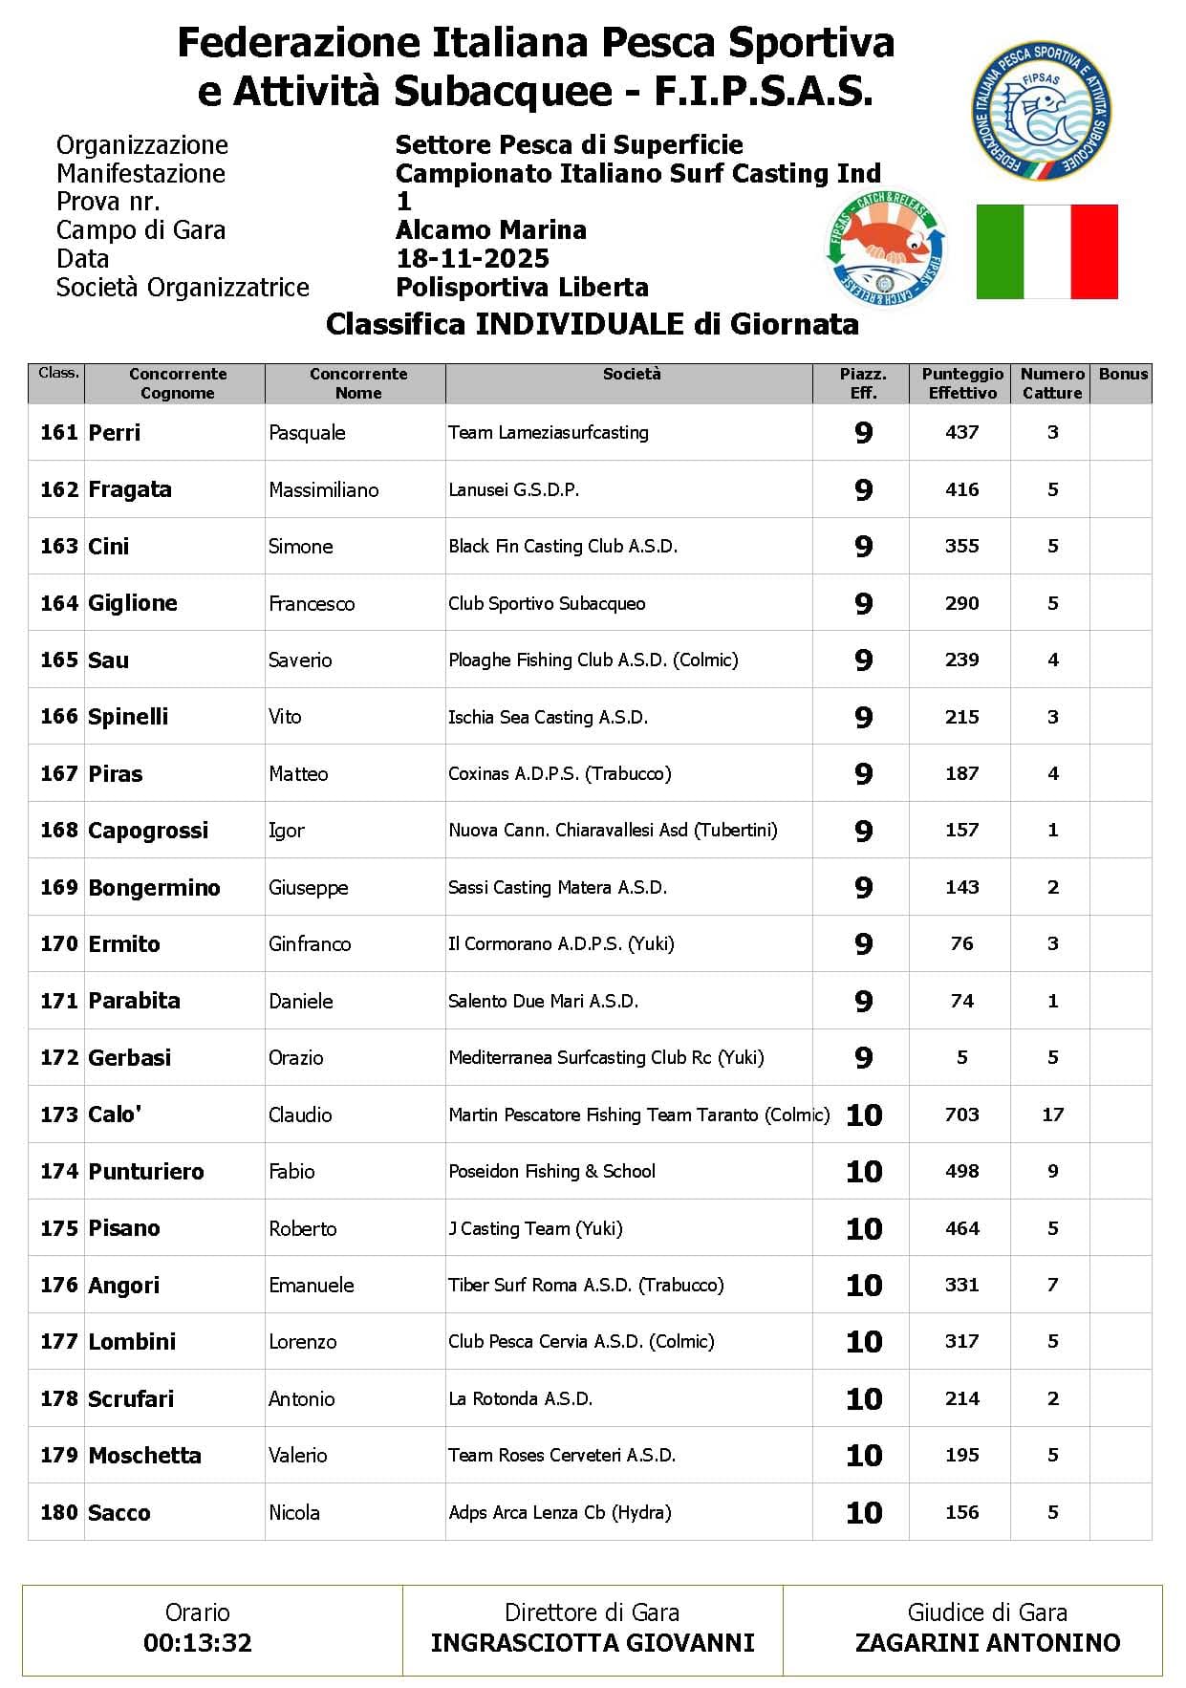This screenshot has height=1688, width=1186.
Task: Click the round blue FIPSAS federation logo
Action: point(1041,112)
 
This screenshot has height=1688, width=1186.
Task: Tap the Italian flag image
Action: point(1046,251)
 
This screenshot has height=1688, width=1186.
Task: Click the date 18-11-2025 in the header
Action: point(472,259)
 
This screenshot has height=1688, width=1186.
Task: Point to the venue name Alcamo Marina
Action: point(490,230)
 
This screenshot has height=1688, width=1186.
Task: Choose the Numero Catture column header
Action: point(1051,383)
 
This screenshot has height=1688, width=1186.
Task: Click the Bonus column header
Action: point(1122,375)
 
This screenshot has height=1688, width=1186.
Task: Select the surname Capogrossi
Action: point(148,831)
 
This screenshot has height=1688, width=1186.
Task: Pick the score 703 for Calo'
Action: point(961,1115)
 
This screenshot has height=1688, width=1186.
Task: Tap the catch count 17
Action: point(1052,1115)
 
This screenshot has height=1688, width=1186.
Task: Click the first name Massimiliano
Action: point(323,490)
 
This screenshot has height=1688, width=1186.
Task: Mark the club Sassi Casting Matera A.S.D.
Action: point(557,888)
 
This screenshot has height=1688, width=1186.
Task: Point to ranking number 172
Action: point(58,1058)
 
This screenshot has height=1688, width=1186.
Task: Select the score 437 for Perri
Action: point(961,433)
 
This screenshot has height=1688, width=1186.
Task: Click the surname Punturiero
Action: point(146,1172)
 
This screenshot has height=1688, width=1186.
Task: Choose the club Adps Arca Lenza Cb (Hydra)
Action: point(559,1513)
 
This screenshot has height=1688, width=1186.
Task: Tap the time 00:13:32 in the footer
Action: point(198,1643)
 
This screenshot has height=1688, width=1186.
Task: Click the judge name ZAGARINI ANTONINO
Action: point(987,1643)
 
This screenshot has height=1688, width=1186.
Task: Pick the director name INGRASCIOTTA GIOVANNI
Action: point(593,1643)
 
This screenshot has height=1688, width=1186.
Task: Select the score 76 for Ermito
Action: point(961,944)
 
